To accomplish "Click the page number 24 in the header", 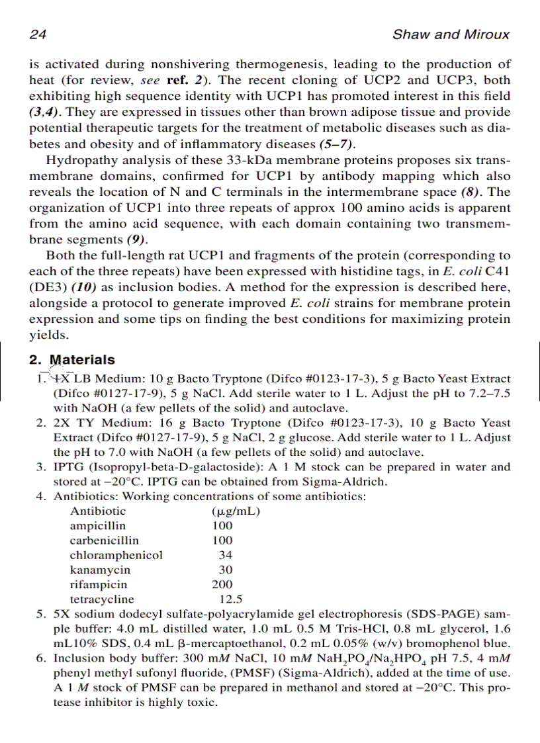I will [37, 34].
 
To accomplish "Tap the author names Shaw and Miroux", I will [451, 34].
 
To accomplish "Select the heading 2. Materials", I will [72, 360].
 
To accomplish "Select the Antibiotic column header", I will [98, 511].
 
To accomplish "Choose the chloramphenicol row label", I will [116, 555].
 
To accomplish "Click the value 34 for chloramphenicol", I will [226, 555].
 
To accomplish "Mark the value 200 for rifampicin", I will [222, 585].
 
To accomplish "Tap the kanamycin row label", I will [101, 570].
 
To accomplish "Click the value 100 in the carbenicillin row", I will [222, 541].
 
